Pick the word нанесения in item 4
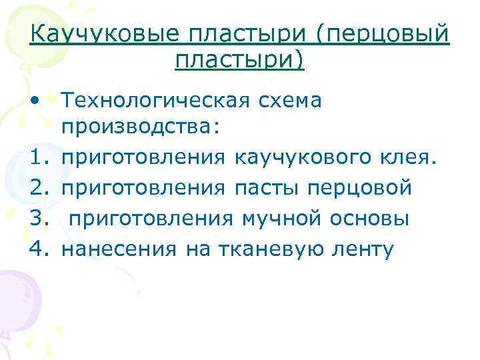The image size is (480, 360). click(x=119, y=249)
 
